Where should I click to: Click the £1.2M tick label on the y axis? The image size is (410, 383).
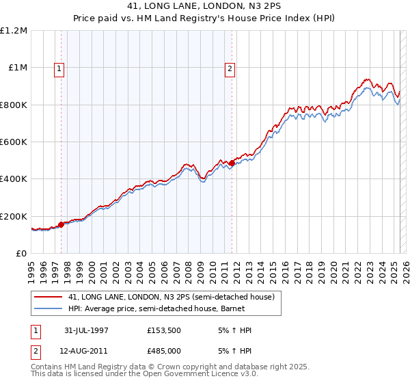pos(14,31)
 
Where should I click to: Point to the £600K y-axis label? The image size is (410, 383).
pos(14,142)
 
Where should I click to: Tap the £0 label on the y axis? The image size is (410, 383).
pos(22,254)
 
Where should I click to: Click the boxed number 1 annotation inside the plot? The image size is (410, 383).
pos(59,68)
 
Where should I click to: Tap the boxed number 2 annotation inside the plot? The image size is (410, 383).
pos(230,68)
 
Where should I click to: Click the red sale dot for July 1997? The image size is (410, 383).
pos(61,224)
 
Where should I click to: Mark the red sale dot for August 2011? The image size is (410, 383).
pos(232,163)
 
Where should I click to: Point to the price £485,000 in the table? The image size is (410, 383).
pos(166,351)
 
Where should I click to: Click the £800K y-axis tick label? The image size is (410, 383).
pos(14,105)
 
